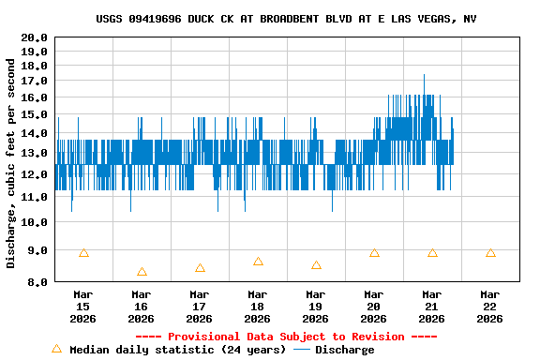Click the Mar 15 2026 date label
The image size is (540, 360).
(82, 306)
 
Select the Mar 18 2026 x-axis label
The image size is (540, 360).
(257, 306)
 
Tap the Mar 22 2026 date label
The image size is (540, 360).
(489, 306)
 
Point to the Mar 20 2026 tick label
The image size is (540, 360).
(373, 306)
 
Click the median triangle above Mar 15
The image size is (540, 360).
(83, 253)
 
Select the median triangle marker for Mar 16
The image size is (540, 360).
(142, 272)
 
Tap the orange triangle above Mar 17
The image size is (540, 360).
(200, 268)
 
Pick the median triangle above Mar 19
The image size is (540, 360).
(316, 265)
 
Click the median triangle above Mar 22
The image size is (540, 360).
(490, 253)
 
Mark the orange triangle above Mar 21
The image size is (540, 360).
(432, 253)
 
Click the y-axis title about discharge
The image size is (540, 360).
(11, 163)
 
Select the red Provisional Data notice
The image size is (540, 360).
(286, 337)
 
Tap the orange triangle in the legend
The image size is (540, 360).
(56, 349)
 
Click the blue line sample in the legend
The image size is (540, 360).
(302, 350)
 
